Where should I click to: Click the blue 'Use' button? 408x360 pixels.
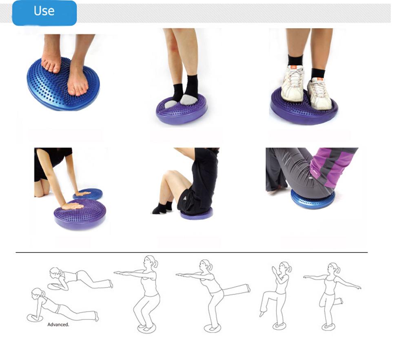point(44,13)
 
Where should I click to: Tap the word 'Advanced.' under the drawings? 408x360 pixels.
point(58,324)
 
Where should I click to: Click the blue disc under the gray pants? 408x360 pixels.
point(312,201)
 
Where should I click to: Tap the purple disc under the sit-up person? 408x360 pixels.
point(197,215)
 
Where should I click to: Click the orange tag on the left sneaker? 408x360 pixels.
point(293,67)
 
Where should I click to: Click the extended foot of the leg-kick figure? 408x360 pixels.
point(248,288)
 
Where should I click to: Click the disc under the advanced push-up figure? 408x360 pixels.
point(34,318)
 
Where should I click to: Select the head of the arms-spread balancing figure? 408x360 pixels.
point(334,268)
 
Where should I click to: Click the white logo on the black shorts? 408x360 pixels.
point(184,199)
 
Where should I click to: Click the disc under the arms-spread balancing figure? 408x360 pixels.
point(328,327)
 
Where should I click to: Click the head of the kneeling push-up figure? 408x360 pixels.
point(56,272)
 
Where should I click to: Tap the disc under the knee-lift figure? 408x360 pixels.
point(279,326)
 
